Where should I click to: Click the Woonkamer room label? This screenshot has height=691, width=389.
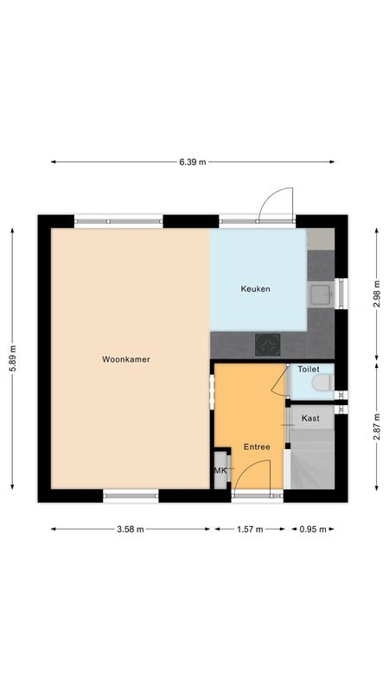126,359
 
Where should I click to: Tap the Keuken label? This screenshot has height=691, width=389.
255,289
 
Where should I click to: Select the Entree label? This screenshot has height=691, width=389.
257,447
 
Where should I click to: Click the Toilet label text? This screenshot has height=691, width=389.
309,369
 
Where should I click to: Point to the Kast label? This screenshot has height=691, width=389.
311,418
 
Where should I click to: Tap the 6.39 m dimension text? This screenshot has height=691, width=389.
192,162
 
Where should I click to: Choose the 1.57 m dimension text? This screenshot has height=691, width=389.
250,529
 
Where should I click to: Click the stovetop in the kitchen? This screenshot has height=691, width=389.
268,345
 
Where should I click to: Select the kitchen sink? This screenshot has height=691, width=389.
321,295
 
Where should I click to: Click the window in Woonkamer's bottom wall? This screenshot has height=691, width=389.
131,495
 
